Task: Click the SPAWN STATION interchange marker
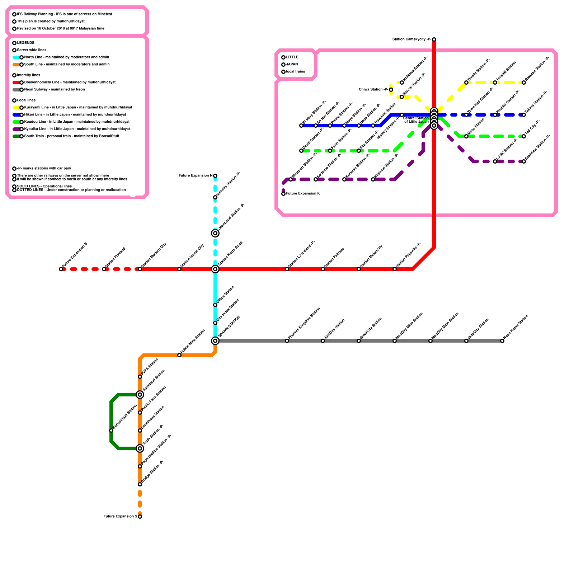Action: [215, 341]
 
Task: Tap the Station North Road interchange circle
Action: [215, 269]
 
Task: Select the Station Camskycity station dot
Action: [434, 39]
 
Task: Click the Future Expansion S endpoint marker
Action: [140, 517]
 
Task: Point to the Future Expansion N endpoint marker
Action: [215, 176]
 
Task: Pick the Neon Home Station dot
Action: [502, 341]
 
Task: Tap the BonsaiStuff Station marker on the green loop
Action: [111, 430]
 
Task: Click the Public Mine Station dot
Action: [179, 355]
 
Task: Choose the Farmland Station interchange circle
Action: [140, 395]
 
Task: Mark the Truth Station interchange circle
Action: [140, 448]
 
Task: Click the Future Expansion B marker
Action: [61, 269]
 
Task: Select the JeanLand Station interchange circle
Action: [215, 233]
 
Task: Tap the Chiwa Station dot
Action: [391, 90]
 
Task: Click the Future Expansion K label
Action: [303, 194]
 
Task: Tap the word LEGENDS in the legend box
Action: [26, 43]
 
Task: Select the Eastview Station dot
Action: [524, 161]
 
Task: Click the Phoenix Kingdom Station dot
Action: [287, 341]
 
